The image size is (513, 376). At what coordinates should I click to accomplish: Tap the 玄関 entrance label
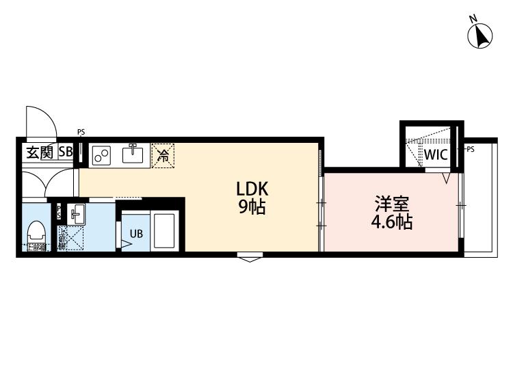coord(40,152)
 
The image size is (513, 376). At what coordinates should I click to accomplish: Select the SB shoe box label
coord(65,152)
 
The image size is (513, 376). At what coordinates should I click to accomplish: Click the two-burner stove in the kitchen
coord(102,155)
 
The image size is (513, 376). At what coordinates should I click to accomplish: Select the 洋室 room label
coord(392,204)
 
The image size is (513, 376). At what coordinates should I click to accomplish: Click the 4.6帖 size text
coord(392,222)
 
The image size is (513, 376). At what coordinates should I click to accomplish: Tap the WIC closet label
coord(435,155)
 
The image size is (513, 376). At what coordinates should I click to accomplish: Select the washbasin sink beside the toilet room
coord(76,215)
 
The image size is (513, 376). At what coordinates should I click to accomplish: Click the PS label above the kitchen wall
coord(81,132)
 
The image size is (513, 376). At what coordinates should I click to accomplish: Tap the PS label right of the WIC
coord(470,148)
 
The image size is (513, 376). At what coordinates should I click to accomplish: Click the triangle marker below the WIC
coord(445,178)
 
